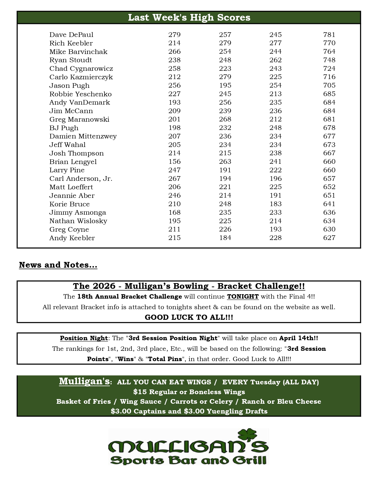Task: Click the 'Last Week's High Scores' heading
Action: [x=189, y=18]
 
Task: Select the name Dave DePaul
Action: [x=71, y=35]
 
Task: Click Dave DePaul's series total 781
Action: [x=329, y=35]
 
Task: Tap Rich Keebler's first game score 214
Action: [x=174, y=43]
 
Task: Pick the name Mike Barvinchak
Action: [x=78, y=52]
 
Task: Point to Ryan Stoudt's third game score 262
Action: [x=275, y=60]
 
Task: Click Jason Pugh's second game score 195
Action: [x=225, y=85]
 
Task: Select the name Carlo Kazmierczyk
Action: [x=81, y=77]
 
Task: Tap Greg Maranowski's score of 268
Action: [x=225, y=119]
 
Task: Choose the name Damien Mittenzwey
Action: [x=83, y=136]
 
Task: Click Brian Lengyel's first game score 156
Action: [x=174, y=162]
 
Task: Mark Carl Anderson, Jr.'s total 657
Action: [x=329, y=179]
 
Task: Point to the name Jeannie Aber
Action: [x=72, y=196]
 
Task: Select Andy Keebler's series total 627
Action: [x=329, y=238]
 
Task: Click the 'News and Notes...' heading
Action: [x=58, y=265]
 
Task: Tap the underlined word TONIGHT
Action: [x=243, y=297]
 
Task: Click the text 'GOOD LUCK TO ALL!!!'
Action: [x=189, y=317]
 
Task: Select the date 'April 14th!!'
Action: [x=299, y=338]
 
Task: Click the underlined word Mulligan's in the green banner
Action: [x=84, y=382]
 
